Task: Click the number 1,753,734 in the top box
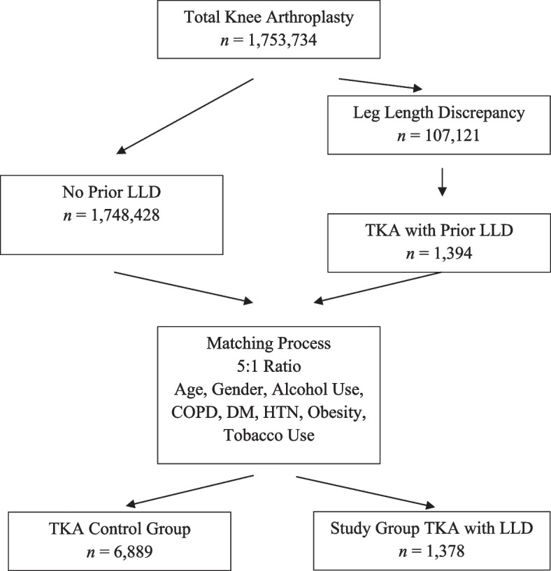click(x=282, y=40)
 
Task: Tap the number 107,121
click(x=452, y=136)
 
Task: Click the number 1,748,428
click(x=125, y=215)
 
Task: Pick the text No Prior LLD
click(x=111, y=192)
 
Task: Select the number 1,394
click(x=453, y=254)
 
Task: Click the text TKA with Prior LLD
click(x=439, y=231)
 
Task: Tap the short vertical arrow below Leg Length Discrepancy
click(x=442, y=182)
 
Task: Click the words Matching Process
click(x=269, y=343)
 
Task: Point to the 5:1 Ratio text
click(x=269, y=366)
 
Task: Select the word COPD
click(x=194, y=412)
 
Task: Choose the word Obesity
click(x=337, y=413)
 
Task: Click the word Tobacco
click(x=250, y=435)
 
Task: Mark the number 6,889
click(x=133, y=552)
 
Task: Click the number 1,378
click(x=445, y=551)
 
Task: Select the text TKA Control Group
click(x=120, y=529)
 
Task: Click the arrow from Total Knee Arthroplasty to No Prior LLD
click(x=185, y=116)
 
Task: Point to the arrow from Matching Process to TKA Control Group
click(x=189, y=491)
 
